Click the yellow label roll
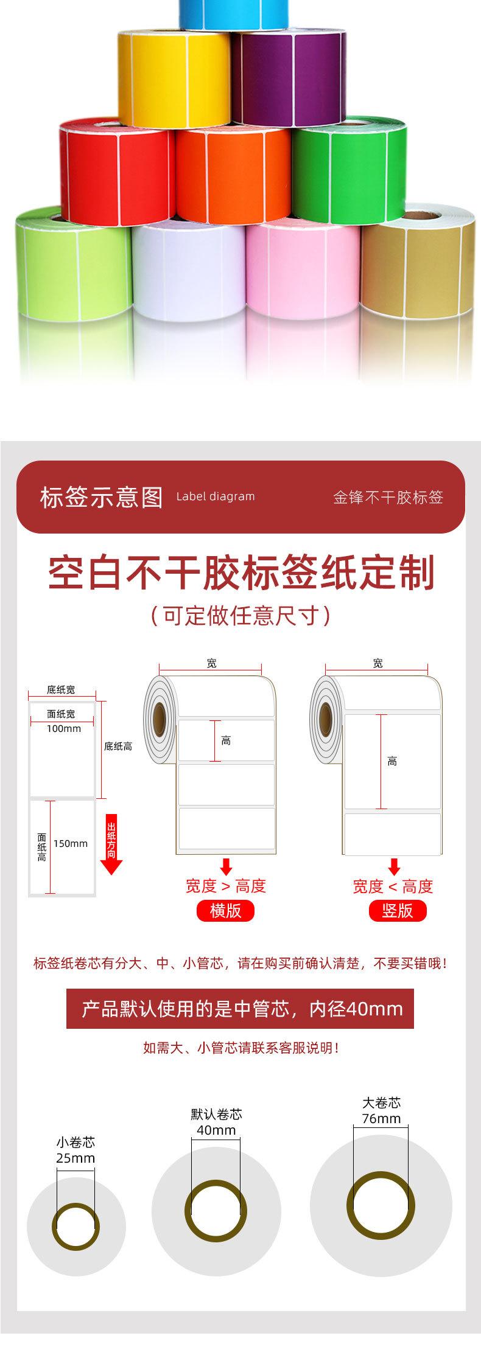point(174,79)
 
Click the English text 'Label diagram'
point(216,496)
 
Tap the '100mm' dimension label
point(64,728)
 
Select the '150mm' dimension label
point(71,843)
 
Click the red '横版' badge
point(225,910)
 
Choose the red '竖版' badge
point(397,910)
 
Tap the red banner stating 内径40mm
point(240,1009)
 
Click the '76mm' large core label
point(381,1119)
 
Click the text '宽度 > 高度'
point(226,886)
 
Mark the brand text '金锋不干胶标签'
point(388,497)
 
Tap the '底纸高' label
point(118,746)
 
